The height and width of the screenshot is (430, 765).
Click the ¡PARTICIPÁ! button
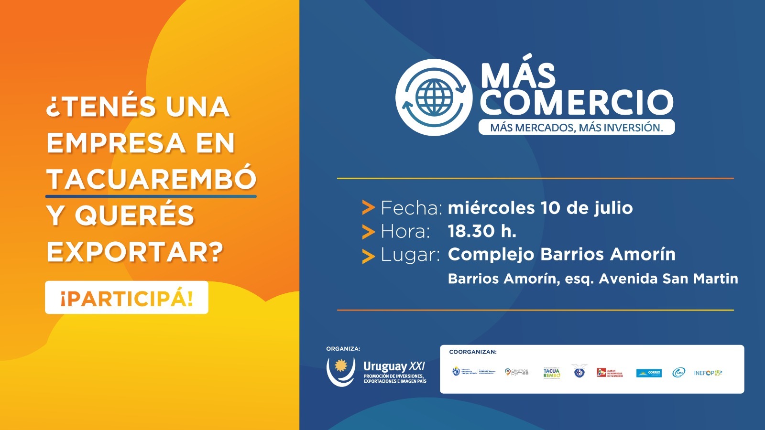pos(127,298)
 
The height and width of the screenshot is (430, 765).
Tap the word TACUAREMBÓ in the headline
pos(151,179)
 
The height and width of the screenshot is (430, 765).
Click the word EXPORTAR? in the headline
pos(135,252)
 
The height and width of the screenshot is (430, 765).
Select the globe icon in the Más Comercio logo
pos(434,97)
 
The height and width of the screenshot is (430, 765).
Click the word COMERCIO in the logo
pos(577,102)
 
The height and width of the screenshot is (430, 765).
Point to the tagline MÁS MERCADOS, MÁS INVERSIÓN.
pos(577,128)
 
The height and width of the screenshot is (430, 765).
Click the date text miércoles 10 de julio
pos(540,208)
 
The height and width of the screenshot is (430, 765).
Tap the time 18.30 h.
pos(482,231)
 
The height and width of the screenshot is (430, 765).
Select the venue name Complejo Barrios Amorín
pos(562,254)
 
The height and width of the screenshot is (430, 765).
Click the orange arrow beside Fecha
pos(368,208)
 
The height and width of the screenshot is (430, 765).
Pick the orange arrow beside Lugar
pos(368,256)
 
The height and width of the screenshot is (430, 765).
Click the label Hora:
pos(405,232)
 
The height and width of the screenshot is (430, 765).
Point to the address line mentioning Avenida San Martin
pos(593,279)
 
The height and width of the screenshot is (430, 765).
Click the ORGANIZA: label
pos(343,349)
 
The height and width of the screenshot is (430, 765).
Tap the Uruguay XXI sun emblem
pos(341,366)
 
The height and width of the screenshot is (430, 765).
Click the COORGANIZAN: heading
pos(473,352)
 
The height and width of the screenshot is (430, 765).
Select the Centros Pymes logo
pos(517,372)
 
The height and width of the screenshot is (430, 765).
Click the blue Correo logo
pos(649,373)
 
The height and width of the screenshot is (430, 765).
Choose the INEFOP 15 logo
pos(708,373)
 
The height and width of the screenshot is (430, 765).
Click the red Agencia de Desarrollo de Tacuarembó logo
pos(610,373)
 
